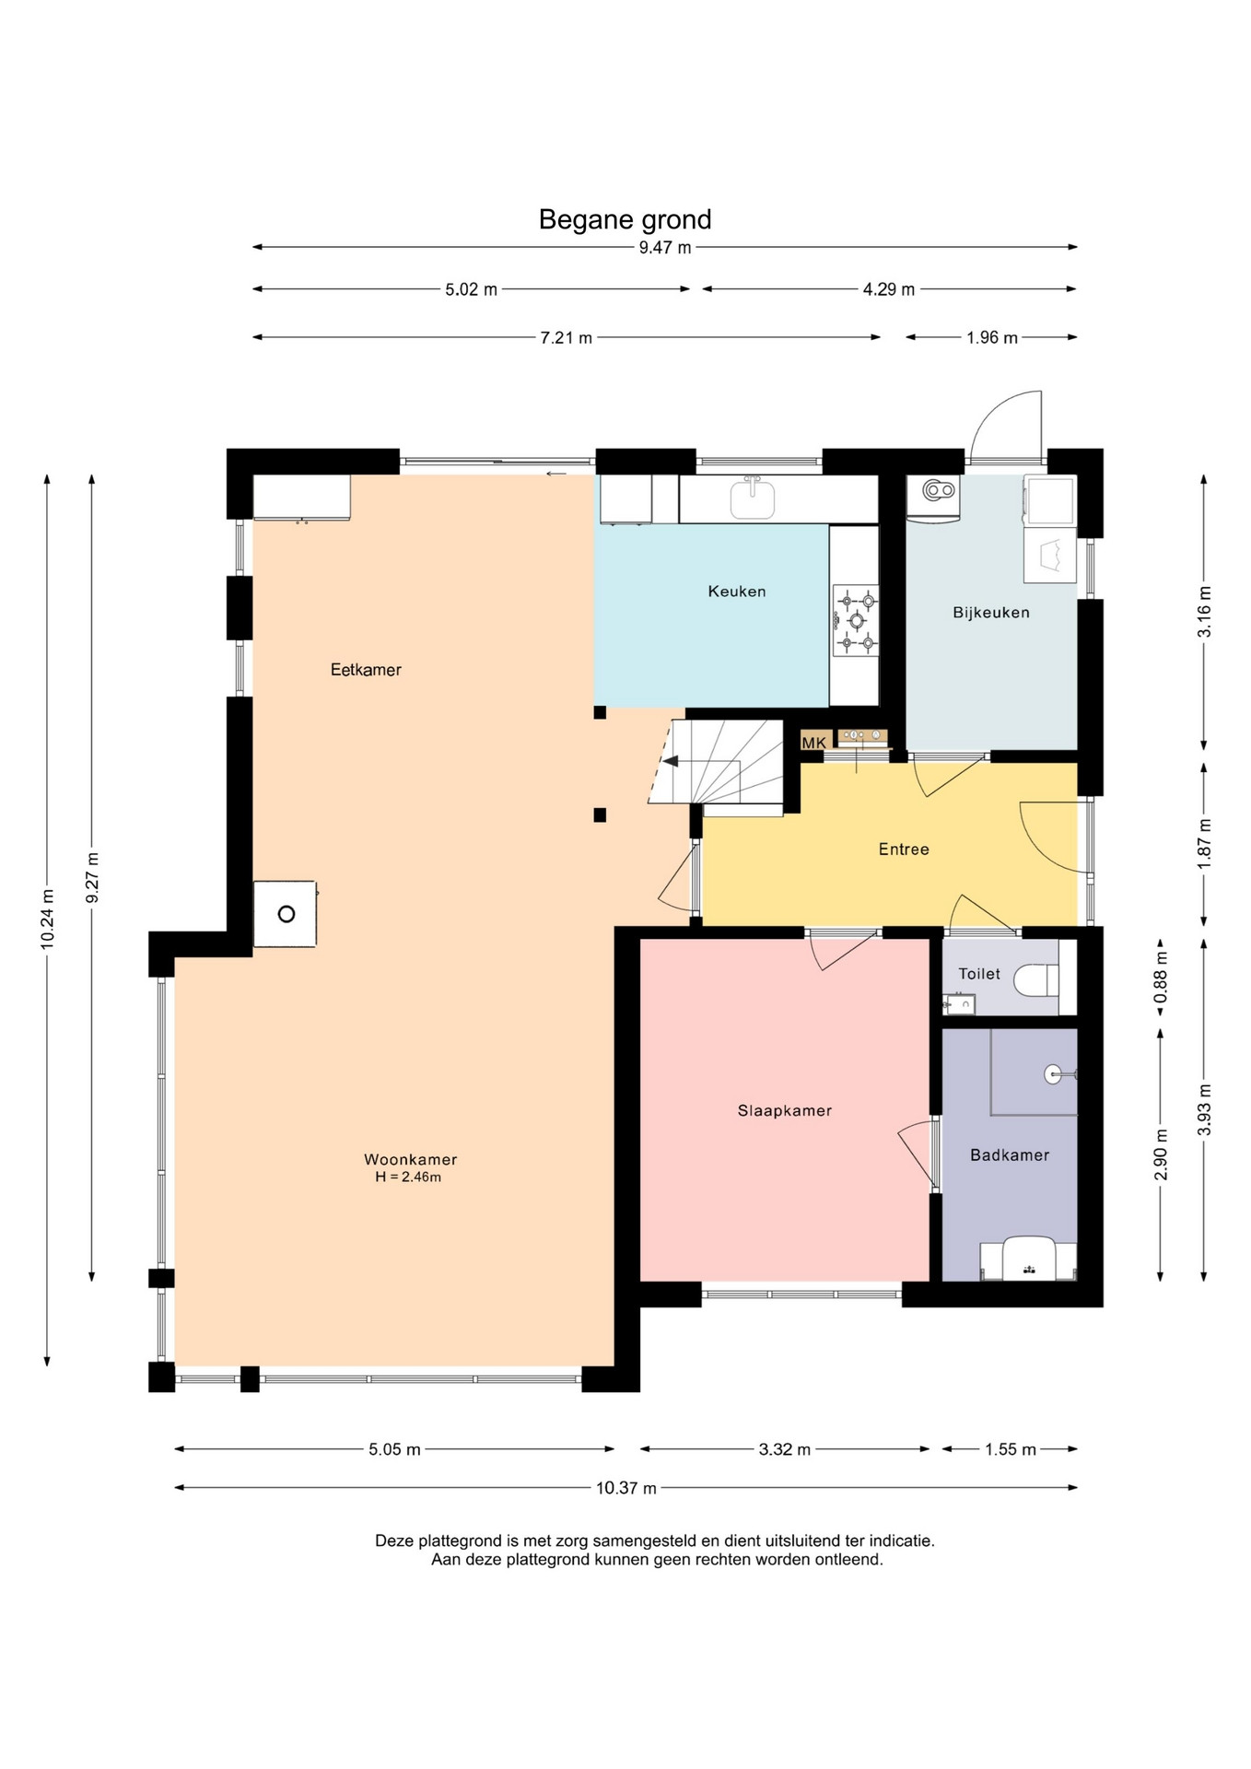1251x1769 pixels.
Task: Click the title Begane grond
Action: click(625, 219)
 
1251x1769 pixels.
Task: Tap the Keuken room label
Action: click(736, 592)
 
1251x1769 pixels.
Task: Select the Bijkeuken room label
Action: click(990, 613)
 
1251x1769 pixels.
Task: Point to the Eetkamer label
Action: click(366, 670)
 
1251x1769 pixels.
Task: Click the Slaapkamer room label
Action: click(784, 1111)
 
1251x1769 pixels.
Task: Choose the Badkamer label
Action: click(1010, 1155)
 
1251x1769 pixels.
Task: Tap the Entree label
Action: click(904, 849)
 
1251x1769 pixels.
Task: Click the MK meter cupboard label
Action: click(813, 743)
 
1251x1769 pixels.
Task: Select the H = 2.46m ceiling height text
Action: click(408, 1177)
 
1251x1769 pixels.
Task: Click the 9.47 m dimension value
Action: click(665, 248)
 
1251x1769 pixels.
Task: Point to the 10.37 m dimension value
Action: click(626, 1488)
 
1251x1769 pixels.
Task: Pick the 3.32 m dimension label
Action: click(785, 1449)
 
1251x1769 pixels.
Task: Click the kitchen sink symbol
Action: click(753, 498)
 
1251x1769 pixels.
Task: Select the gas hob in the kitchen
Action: click(856, 620)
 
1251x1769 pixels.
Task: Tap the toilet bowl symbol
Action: click(1036, 980)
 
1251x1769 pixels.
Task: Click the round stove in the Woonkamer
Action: click(286, 914)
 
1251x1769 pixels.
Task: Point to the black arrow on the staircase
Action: click(671, 761)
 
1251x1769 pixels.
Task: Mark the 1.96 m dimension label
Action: click(992, 338)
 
